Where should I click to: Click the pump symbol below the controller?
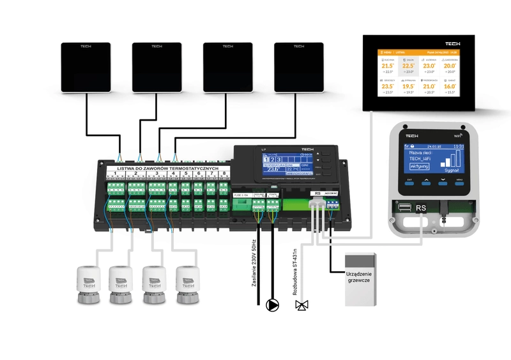pyautogui.click(x=273, y=304)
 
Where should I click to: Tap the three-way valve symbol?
pyautogui.click(x=301, y=305)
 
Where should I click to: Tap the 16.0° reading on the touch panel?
pyautogui.click(x=450, y=86)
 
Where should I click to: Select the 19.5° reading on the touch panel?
pyautogui.click(x=409, y=86)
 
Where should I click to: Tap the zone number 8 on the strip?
pyautogui.click(x=222, y=174)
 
